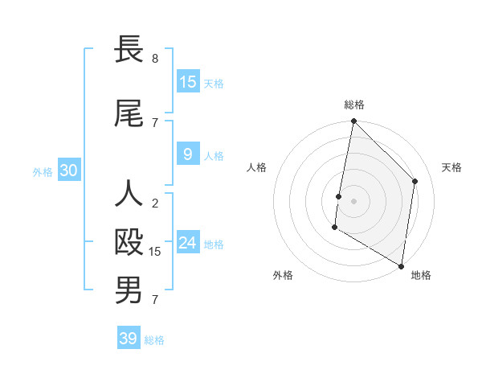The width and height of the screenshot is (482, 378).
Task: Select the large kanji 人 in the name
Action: tap(129, 193)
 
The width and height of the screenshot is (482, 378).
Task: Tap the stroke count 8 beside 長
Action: tap(155, 59)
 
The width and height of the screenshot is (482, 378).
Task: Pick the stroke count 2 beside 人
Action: tap(155, 203)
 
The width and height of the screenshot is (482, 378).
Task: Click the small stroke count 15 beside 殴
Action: tap(155, 252)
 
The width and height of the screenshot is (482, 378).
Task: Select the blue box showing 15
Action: tap(188, 82)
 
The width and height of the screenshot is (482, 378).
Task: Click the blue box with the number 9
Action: tap(188, 155)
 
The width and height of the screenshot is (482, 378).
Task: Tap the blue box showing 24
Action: tap(188, 243)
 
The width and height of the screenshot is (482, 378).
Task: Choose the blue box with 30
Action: tap(68, 171)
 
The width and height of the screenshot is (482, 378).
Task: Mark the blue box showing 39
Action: tap(129, 339)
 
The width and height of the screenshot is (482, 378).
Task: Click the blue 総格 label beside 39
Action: tap(154, 340)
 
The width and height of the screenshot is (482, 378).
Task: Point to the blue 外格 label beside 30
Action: tap(43, 172)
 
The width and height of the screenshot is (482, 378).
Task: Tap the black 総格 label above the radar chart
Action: tap(354, 105)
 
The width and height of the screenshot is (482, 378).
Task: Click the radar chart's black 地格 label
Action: tap(421, 275)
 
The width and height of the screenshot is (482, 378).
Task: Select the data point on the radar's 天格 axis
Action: tap(415, 181)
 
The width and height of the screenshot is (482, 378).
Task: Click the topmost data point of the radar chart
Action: tap(353, 121)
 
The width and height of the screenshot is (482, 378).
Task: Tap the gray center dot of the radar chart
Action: tap(353, 200)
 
